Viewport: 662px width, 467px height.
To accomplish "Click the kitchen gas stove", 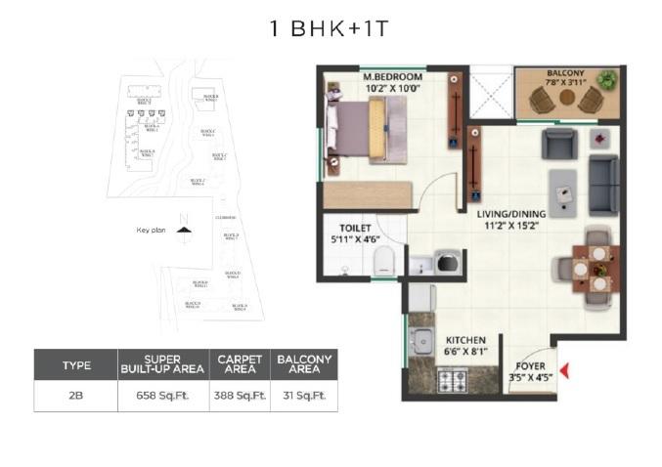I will (x=453, y=378).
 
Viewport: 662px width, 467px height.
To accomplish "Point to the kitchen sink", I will (x=422, y=341).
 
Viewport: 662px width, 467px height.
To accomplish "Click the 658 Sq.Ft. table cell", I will (x=163, y=396).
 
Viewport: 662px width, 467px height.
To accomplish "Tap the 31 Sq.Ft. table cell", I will (x=303, y=396).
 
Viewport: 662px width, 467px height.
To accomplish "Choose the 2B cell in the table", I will (x=75, y=396).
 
